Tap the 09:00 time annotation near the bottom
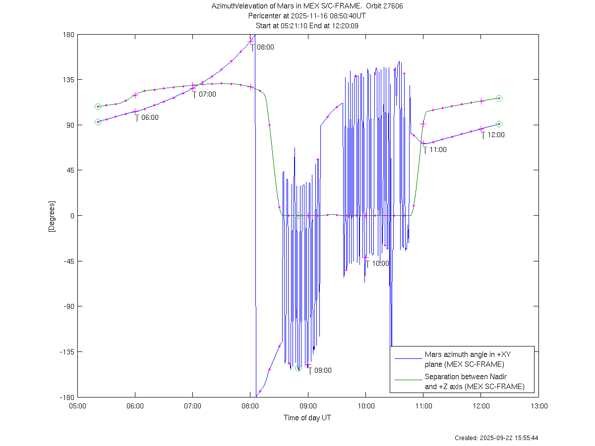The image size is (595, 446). point(323,370)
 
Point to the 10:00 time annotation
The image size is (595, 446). point(380,263)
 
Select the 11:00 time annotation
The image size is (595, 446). point(438,149)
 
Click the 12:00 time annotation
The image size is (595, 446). point(496,135)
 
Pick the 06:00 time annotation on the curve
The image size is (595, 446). point(150,118)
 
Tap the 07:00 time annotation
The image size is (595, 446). point(207,94)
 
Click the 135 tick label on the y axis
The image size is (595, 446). point(68,80)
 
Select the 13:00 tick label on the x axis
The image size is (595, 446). point(539,405)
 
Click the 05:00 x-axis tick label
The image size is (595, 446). point(78,405)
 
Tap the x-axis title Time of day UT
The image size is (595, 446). point(307,418)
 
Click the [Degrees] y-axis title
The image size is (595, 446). point(51,216)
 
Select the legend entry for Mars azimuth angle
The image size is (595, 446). point(464,359)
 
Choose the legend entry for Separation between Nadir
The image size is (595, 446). point(474,382)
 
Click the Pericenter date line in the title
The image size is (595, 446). point(307,16)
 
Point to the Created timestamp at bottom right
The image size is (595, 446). point(496,438)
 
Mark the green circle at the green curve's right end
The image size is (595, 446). point(499,98)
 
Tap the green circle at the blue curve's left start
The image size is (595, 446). point(98,122)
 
